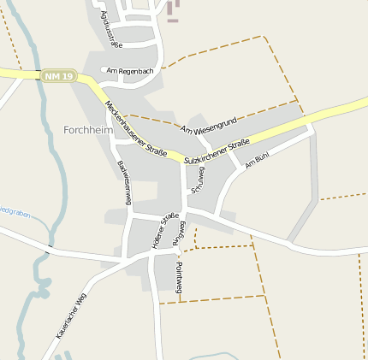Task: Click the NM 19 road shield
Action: tap(58, 77)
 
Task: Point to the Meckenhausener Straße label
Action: tap(135, 129)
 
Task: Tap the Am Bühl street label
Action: tap(257, 160)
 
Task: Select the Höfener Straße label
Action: tap(165, 229)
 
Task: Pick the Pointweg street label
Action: tap(179, 278)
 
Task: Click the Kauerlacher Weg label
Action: tap(72, 316)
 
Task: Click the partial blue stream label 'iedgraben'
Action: tap(15, 210)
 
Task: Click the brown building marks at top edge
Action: tap(174, 10)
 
